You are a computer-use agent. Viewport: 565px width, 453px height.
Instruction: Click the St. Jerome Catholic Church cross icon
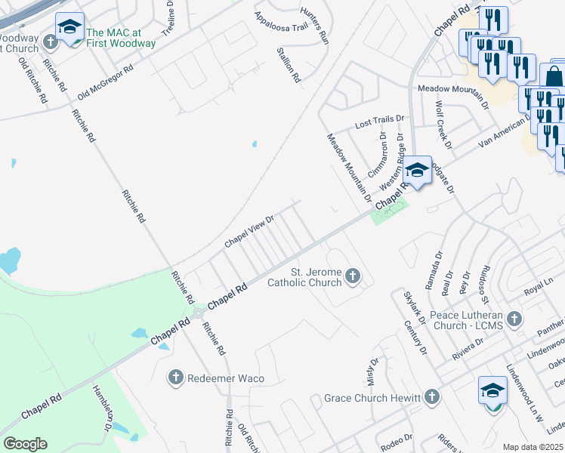point(353,277)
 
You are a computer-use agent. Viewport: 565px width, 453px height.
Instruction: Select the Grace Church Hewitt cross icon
point(431,396)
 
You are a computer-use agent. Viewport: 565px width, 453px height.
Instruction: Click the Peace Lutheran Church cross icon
point(515,318)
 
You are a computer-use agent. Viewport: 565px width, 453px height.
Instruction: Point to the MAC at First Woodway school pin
point(69,28)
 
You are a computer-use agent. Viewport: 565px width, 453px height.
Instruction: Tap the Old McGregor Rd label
point(105,79)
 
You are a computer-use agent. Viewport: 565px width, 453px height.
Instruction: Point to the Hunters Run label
point(314,24)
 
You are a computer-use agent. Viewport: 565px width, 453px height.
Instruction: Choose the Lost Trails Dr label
point(380,120)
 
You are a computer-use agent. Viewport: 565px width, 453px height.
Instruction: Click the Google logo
point(25,444)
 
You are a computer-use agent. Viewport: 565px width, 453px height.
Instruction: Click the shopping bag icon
point(554,76)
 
